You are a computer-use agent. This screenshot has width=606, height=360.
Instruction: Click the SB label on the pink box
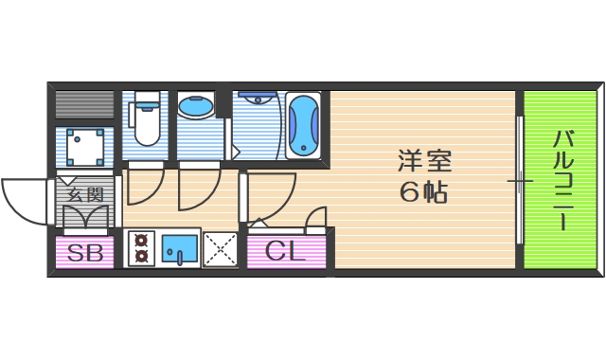point(85,252)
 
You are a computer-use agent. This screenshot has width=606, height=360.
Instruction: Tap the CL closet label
point(284,252)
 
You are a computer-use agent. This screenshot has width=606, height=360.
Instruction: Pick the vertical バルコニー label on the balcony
point(561,180)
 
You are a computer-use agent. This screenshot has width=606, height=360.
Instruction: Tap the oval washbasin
point(197,108)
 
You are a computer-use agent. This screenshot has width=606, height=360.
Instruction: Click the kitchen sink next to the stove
point(179,249)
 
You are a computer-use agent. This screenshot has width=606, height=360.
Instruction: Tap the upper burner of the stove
point(142,241)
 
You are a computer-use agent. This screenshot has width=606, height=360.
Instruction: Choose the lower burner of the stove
point(142,255)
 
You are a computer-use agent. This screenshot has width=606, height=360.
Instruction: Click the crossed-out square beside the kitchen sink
point(221,249)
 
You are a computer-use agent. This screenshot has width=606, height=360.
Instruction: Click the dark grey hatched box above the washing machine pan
point(85,104)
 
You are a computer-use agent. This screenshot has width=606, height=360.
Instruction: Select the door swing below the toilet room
point(145,187)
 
